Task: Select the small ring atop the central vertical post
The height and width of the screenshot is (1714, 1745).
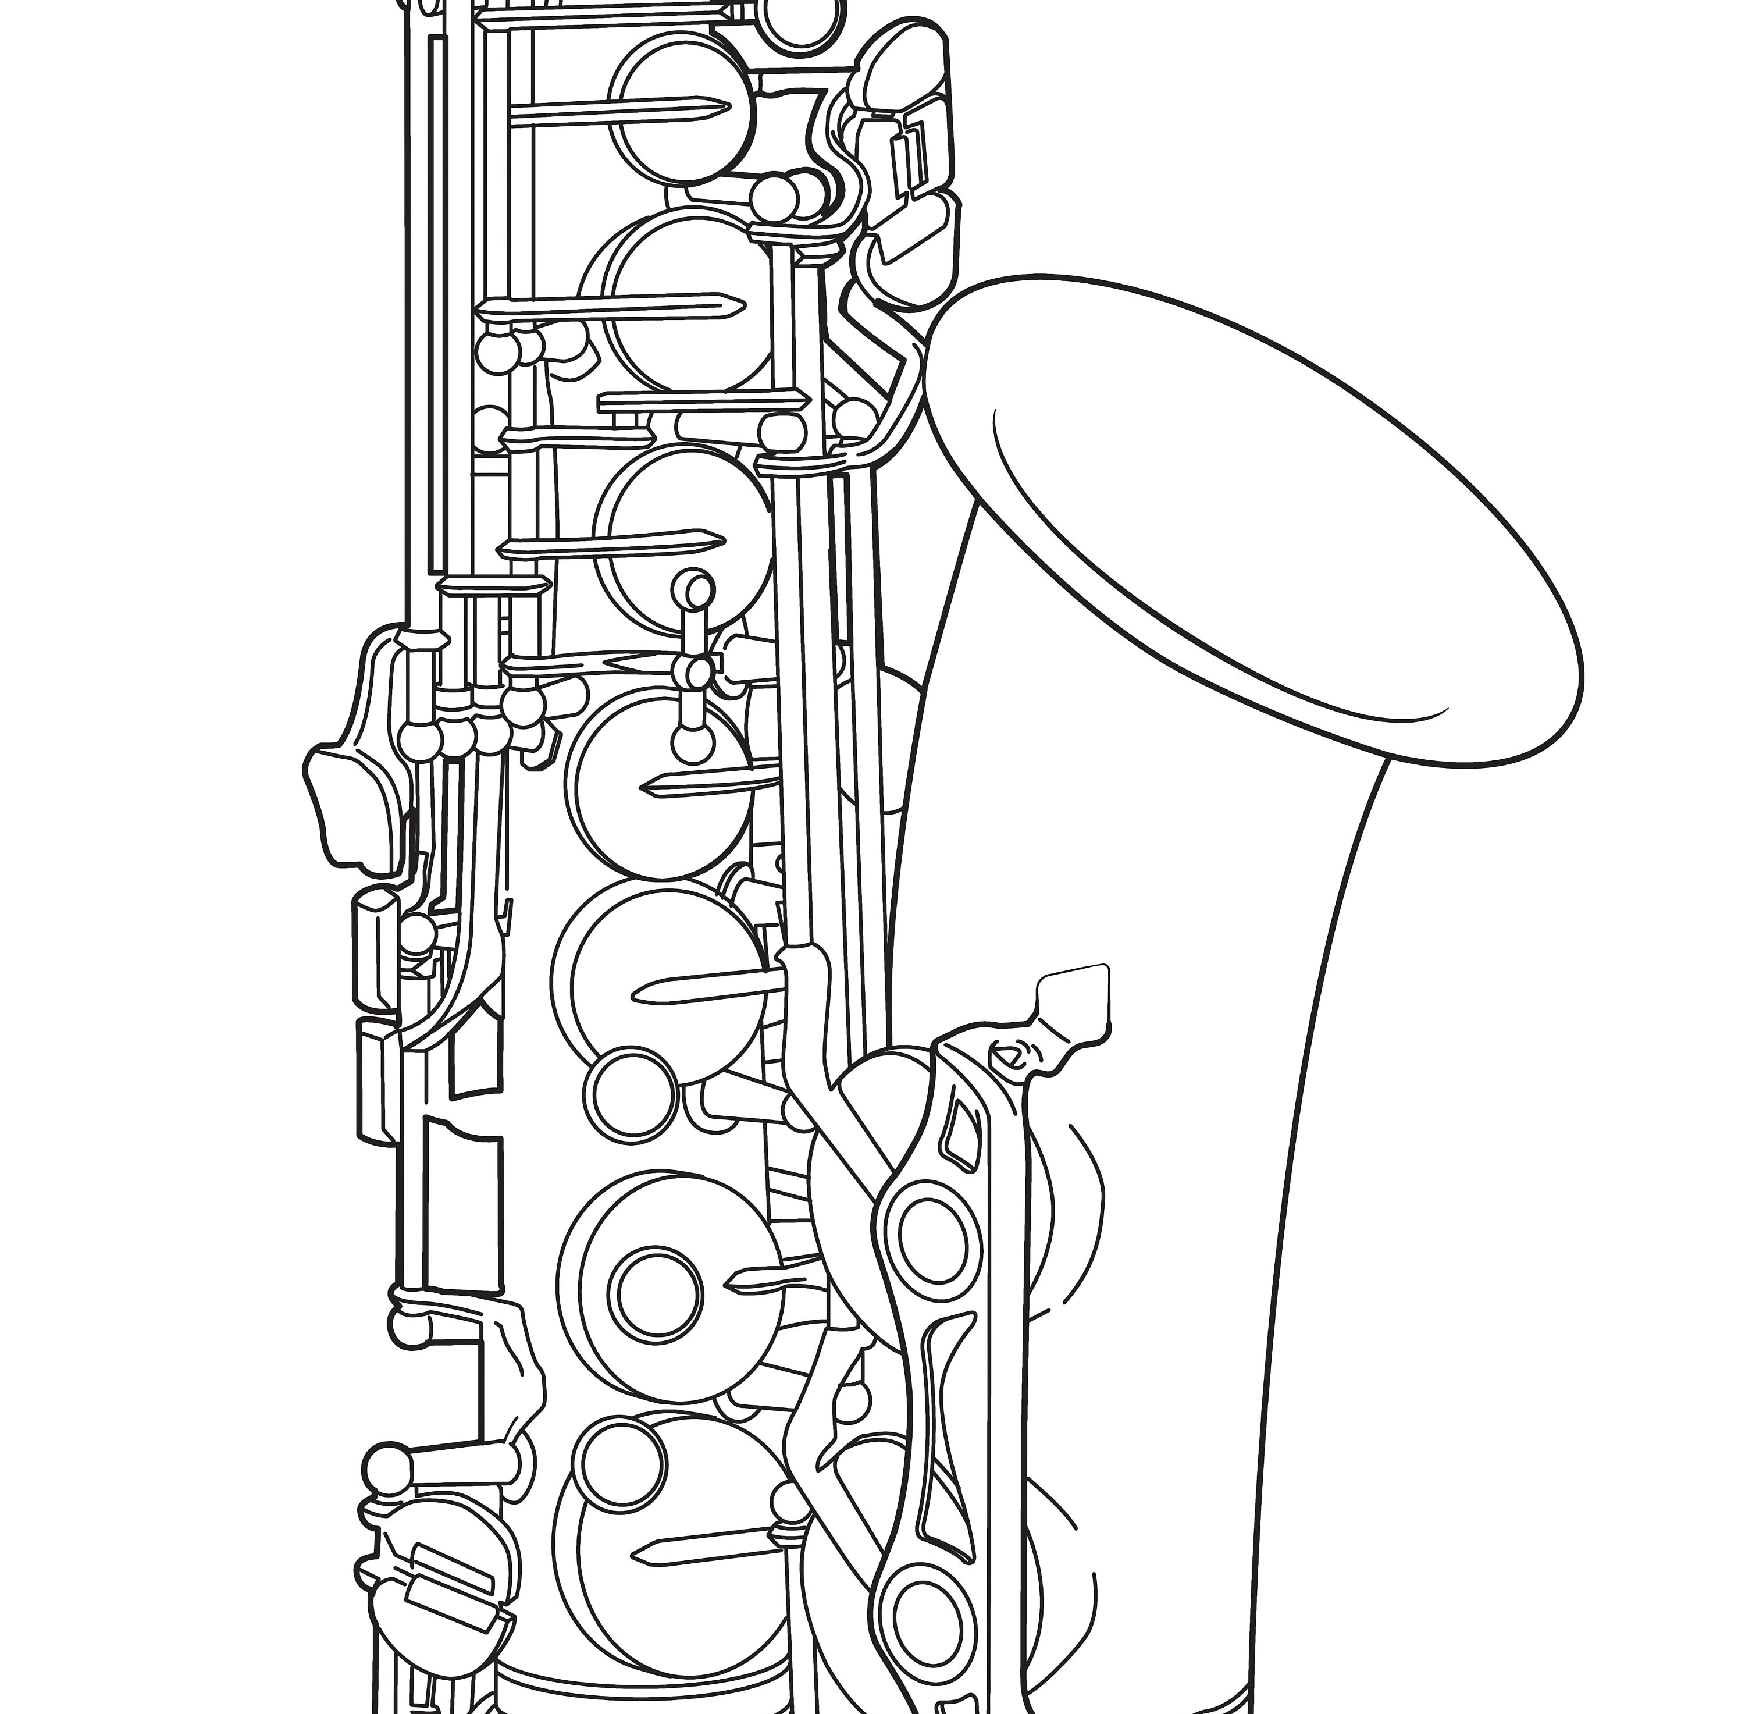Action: coord(694,589)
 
